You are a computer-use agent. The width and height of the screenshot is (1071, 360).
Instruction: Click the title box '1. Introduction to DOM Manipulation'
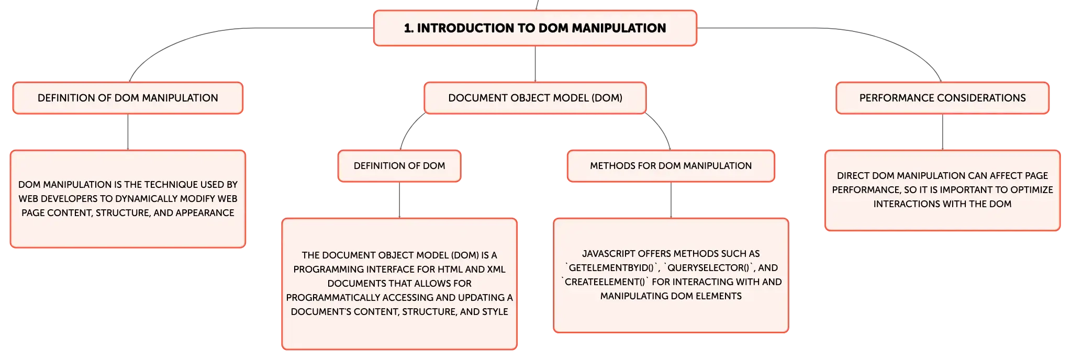tap(535, 28)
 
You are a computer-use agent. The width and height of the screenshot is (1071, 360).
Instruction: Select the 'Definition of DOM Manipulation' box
tap(128, 98)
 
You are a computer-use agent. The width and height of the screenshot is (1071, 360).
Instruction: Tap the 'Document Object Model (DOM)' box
tap(535, 98)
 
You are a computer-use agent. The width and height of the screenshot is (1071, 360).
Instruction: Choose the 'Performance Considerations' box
tap(942, 98)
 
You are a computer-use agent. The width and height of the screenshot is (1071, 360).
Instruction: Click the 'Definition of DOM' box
tap(399, 166)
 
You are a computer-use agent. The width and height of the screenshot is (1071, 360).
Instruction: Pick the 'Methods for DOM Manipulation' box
tap(671, 166)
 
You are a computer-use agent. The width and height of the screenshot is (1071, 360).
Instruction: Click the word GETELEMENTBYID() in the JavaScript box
tap(611, 268)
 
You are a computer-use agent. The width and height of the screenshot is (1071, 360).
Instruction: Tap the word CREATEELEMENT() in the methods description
tap(605, 282)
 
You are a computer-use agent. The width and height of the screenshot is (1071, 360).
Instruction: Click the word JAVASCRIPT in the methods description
tap(608, 254)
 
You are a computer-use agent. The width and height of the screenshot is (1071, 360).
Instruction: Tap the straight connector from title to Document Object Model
tap(535, 64)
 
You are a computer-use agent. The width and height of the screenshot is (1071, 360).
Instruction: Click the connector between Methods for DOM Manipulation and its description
tap(671, 200)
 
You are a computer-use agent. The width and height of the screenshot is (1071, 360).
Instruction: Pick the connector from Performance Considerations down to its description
tap(943, 132)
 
